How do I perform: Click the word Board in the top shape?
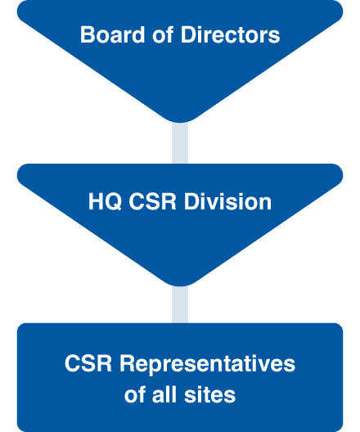[x=112, y=34]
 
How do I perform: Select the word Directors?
[x=230, y=34]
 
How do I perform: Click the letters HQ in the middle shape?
[x=105, y=201]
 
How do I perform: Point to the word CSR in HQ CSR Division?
[x=153, y=201]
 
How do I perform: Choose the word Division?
[x=227, y=201]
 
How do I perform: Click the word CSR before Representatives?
[x=88, y=363]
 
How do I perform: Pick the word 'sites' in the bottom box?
[x=210, y=395]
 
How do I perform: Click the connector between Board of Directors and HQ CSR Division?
[x=180, y=142]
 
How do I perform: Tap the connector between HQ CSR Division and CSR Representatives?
[x=180, y=304]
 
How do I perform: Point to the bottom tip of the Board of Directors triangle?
[x=180, y=123]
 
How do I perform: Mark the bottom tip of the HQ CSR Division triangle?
[x=180, y=286]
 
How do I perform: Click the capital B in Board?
[x=88, y=34]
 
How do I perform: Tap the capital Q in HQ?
[x=113, y=202]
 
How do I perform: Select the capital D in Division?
[x=191, y=201]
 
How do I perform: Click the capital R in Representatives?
[x=127, y=363]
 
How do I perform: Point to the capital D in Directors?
[x=188, y=34]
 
